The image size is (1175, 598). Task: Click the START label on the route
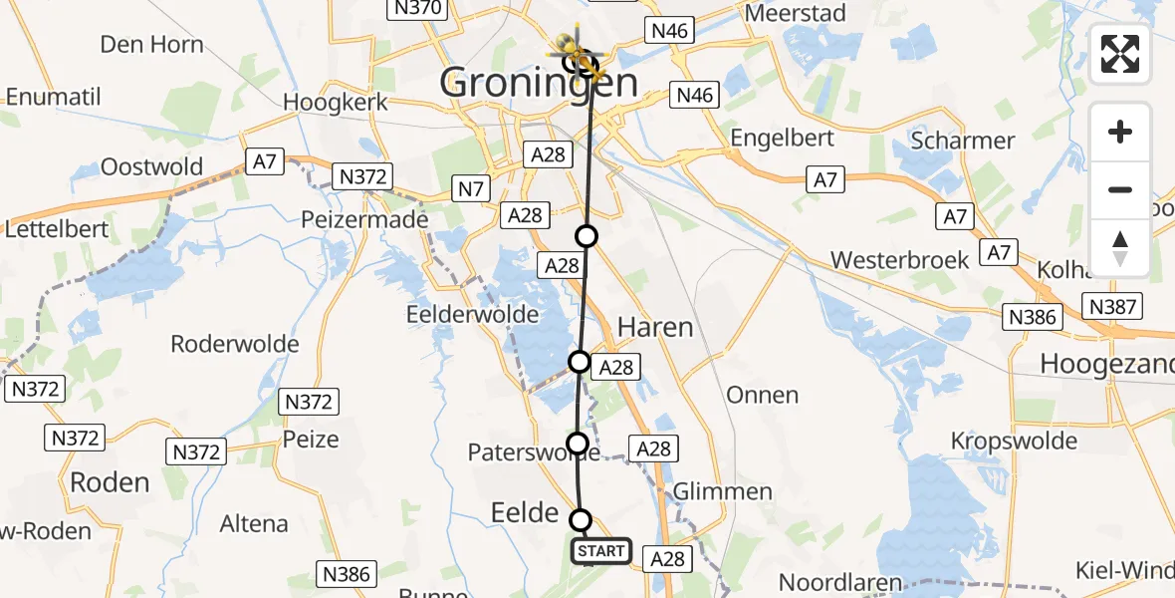(x=601, y=550)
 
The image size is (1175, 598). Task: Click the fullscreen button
(x=1120, y=54)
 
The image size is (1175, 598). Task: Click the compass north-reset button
(x=1120, y=248)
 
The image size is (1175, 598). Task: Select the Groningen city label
(x=538, y=83)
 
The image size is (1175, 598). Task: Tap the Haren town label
(x=655, y=327)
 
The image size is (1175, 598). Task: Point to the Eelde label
(x=525, y=513)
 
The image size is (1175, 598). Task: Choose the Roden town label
(x=110, y=482)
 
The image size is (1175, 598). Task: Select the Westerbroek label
(x=899, y=260)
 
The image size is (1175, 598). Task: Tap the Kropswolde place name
(x=1014, y=441)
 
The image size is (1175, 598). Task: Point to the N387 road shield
(x=1113, y=307)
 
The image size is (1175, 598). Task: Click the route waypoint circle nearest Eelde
(x=581, y=519)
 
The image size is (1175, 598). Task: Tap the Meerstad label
(x=796, y=13)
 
